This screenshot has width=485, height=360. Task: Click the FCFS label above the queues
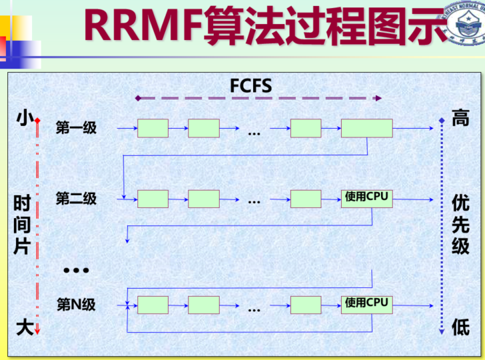[251, 86]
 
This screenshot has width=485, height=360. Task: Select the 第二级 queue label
[76, 199]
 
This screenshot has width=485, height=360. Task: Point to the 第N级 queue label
[76, 305]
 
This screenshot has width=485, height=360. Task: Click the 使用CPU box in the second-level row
[366, 199]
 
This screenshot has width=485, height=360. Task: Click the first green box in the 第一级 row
[153, 128]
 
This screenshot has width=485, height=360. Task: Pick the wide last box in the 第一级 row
[366, 128]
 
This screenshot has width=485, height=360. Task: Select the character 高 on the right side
[460, 118]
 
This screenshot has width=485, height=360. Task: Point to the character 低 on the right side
[460, 327]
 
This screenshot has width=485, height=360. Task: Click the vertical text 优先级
[460, 224]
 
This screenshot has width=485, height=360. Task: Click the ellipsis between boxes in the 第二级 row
[254, 201]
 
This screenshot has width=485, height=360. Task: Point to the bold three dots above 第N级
[76, 270]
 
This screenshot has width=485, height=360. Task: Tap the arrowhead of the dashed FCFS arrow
[378, 98]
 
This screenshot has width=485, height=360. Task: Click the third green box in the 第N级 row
[306, 305]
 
